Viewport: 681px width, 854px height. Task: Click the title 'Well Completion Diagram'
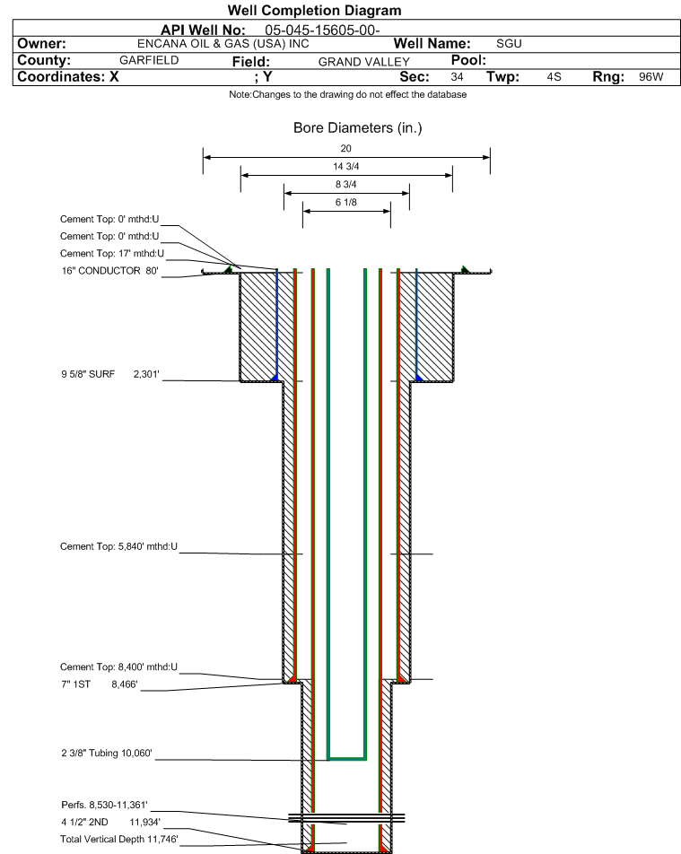tap(314, 11)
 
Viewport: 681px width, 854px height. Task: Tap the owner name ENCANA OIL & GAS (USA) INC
tap(223, 44)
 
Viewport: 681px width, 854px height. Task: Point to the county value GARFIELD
tap(149, 60)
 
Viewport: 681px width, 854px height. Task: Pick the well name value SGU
tap(509, 44)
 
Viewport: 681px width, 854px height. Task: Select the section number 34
tap(457, 77)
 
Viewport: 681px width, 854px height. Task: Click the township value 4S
tap(554, 77)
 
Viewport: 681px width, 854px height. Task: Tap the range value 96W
tap(650, 77)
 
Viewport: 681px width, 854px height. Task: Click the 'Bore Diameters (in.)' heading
tap(357, 128)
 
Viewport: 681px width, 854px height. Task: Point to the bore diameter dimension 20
tap(346, 148)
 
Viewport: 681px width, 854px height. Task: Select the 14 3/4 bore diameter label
tap(346, 166)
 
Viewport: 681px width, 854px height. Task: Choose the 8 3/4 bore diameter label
tap(346, 184)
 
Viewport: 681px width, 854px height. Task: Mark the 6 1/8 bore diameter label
tap(346, 202)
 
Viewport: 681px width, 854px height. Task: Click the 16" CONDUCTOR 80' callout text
tap(109, 270)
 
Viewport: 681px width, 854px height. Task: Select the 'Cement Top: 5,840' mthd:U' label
tap(118, 545)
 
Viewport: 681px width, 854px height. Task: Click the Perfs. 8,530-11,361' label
tap(104, 804)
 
